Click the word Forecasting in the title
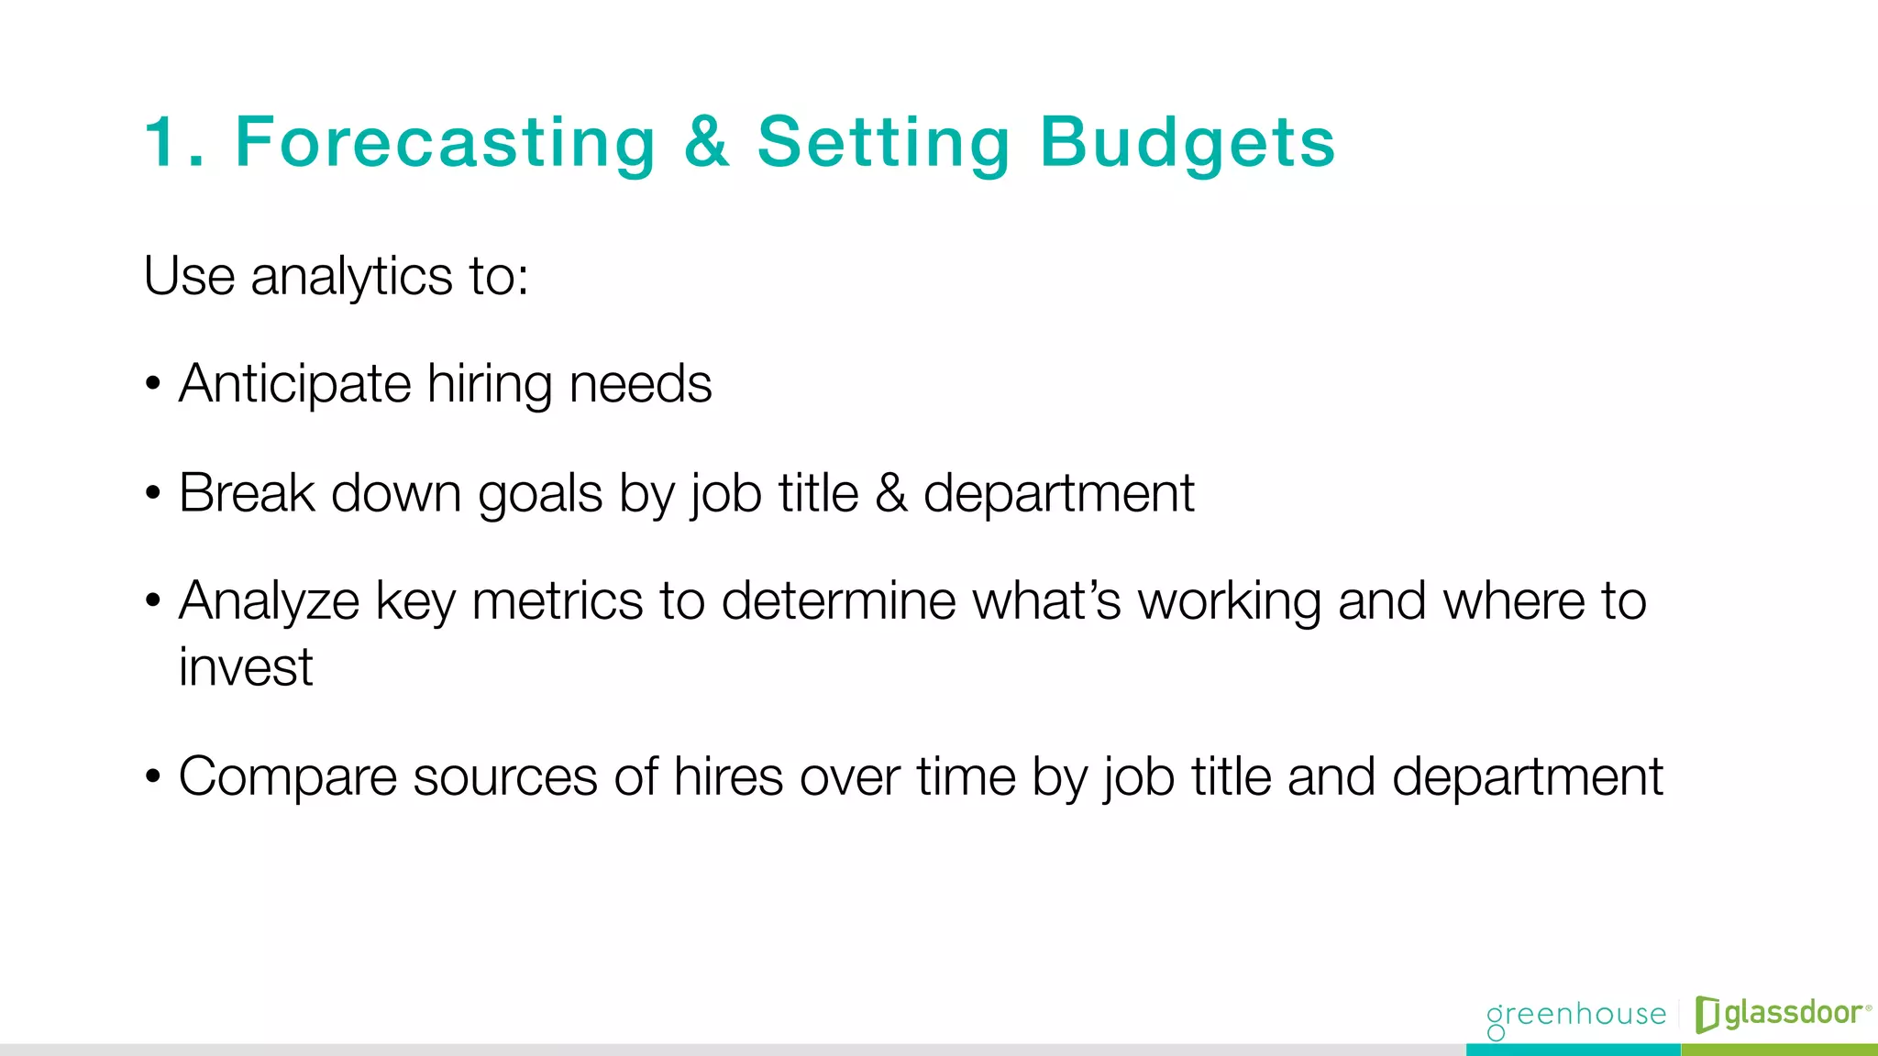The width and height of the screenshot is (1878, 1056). (x=446, y=143)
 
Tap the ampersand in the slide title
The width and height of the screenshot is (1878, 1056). (x=707, y=143)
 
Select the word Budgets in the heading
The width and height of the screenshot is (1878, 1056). (x=1188, y=143)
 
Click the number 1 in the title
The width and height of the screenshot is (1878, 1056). (x=163, y=143)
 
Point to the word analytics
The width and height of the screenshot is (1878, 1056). (x=351, y=276)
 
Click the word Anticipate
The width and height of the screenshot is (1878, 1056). (x=294, y=383)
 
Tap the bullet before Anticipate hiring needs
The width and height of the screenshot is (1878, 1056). (x=153, y=385)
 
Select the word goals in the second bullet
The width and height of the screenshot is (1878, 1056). (x=540, y=493)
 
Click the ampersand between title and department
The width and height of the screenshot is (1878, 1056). (x=890, y=493)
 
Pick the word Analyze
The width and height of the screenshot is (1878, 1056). (x=269, y=601)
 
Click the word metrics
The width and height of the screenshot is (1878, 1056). (x=558, y=601)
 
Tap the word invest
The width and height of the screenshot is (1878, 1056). (x=246, y=666)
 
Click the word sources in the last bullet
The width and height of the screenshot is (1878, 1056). (x=505, y=777)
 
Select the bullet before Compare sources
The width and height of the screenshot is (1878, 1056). (x=153, y=778)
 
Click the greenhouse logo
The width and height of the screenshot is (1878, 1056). (x=1576, y=1016)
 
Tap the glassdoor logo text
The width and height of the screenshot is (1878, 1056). (x=1794, y=1013)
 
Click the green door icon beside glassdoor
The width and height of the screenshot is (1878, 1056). (x=1707, y=1014)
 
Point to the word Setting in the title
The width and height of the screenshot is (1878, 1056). (x=883, y=143)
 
